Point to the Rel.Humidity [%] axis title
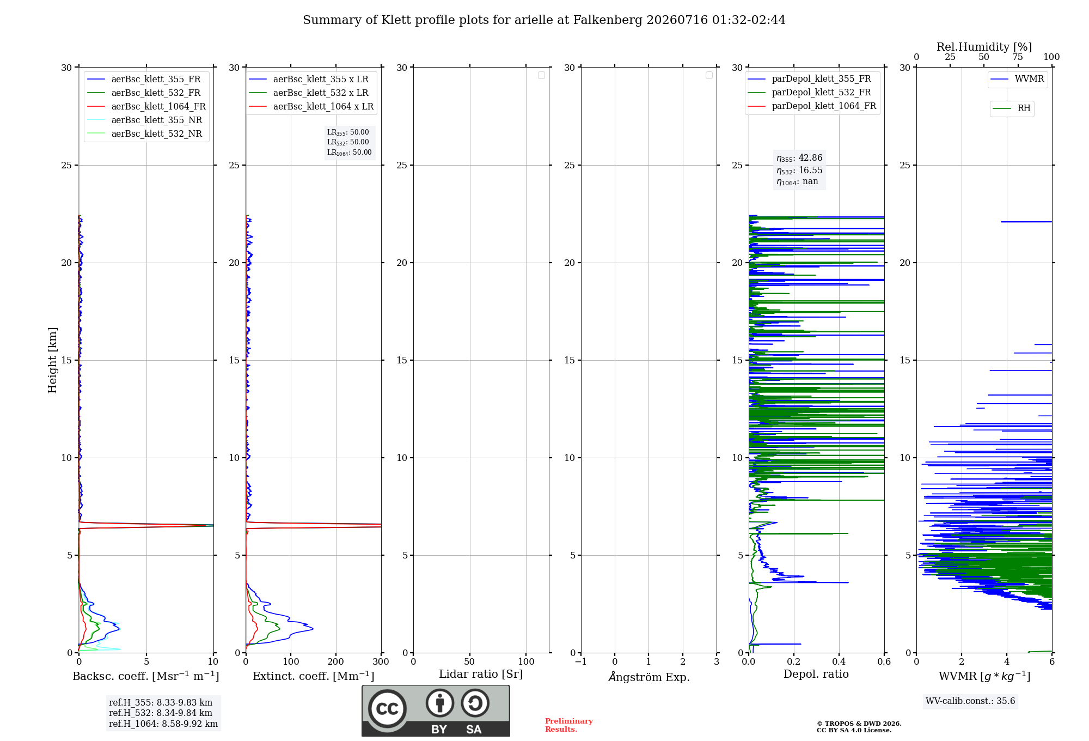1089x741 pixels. point(984,47)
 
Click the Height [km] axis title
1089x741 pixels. point(52,360)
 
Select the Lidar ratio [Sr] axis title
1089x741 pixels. point(481,674)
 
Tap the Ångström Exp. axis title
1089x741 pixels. point(649,677)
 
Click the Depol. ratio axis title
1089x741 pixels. point(816,674)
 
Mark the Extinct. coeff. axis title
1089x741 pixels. point(314,676)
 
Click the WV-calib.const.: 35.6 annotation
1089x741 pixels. point(970,701)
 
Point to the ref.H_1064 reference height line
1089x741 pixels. point(163,724)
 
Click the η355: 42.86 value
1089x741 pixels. point(799,158)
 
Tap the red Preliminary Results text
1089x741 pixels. point(569,725)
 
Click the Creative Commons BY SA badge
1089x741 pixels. point(436,710)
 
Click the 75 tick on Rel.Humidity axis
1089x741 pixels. point(1018,57)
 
